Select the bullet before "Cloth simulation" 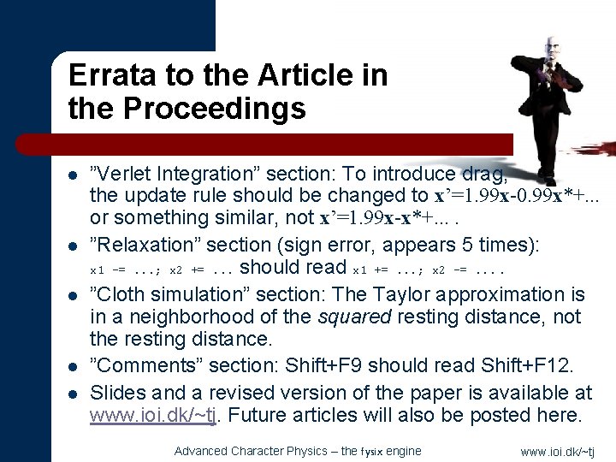74,296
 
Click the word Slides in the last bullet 113,393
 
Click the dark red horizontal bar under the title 282,144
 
